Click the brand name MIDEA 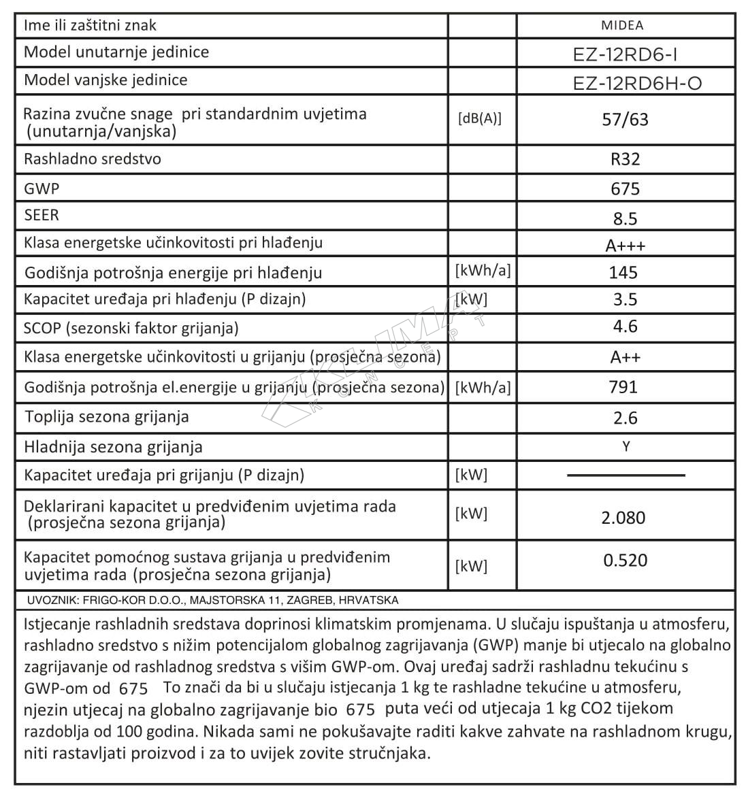tap(622, 26)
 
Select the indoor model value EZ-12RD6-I tap(625, 54)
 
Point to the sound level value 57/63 tap(626, 120)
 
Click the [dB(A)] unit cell tap(479, 118)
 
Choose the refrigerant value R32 tap(626, 159)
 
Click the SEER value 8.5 tap(625, 218)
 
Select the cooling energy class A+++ tap(626, 246)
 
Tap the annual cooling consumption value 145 tap(623, 273)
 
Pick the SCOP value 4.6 tap(625, 327)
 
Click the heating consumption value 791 tap(623, 387)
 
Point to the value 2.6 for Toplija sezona tap(625, 418)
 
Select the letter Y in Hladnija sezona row tap(626, 446)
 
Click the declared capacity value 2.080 tap(623, 518)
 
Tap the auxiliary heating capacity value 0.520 tap(626, 561)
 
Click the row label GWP tap(42, 188)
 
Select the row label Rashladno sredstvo tap(92, 159)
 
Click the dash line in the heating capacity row tap(626, 475)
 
